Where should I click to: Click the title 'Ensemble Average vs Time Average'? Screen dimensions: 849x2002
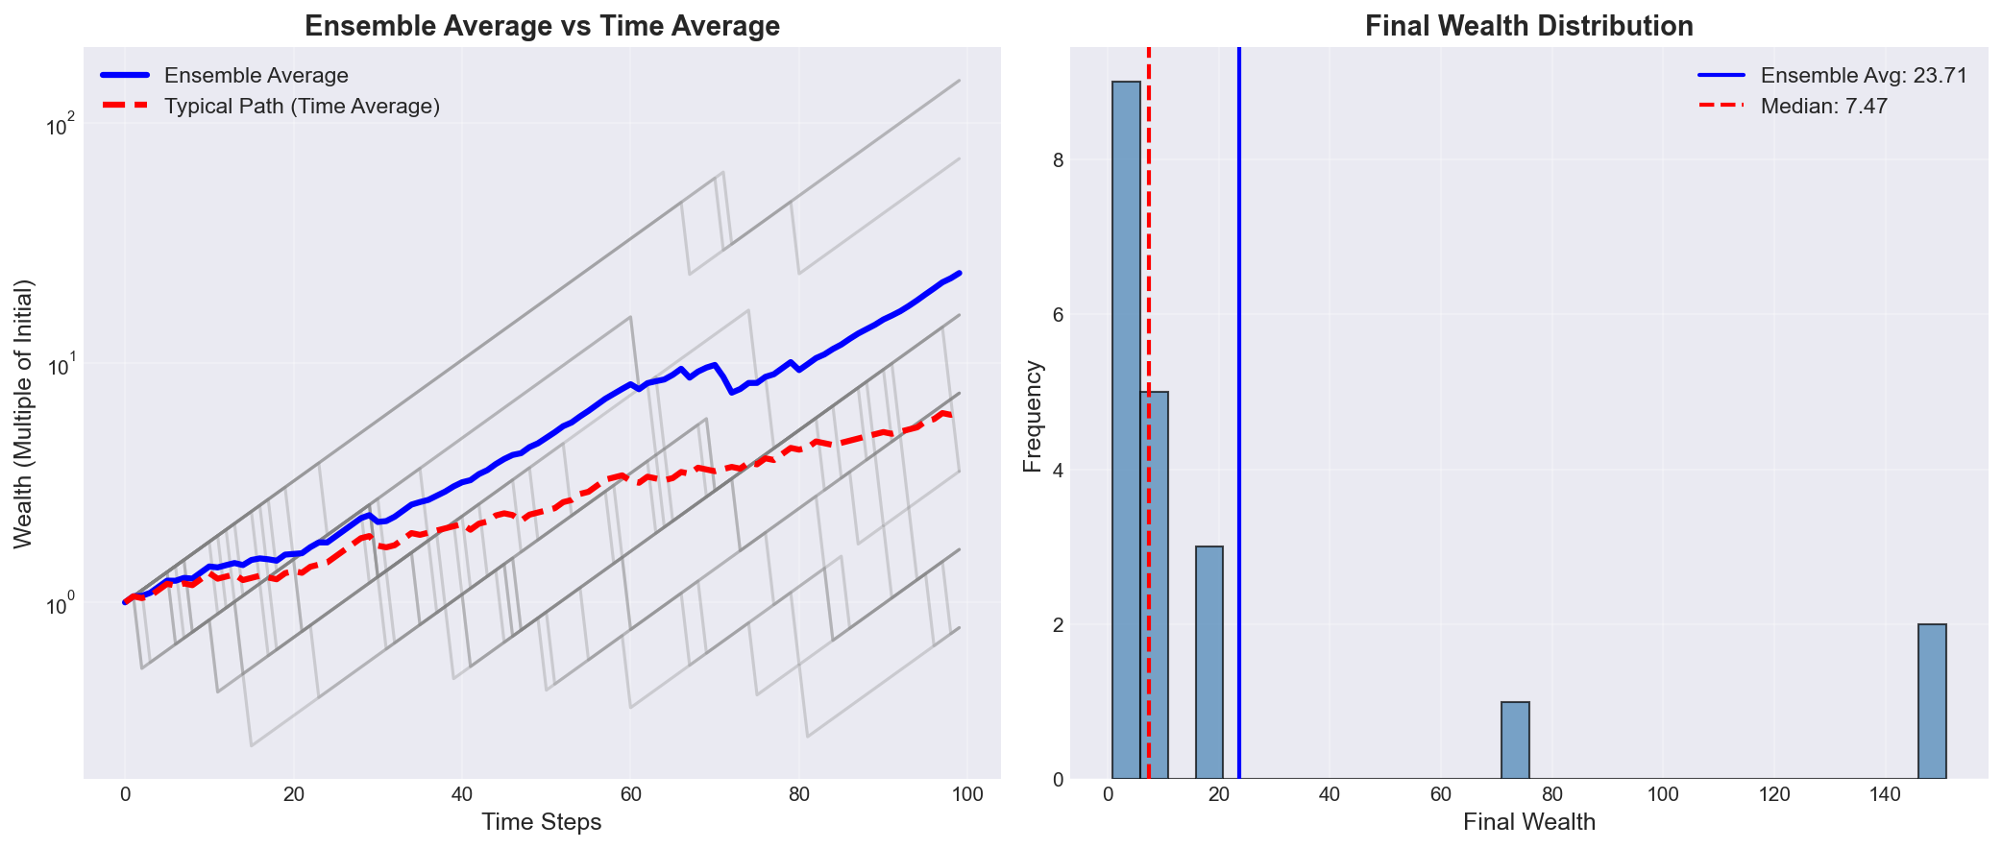tap(542, 27)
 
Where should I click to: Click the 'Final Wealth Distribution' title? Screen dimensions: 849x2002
tap(1528, 27)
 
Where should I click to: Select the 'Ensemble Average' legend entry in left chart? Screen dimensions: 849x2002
tap(256, 75)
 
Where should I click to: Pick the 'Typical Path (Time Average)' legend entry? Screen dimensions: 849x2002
tap(302, 107)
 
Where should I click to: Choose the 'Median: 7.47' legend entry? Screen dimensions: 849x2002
tap(1823, 107)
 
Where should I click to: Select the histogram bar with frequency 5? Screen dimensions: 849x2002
tap(1156, 585)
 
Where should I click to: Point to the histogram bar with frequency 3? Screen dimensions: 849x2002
tap(1209, 663)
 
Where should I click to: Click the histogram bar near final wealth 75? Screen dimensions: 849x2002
tap(1515, 740)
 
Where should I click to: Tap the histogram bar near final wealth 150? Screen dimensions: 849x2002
tap(1932, 701)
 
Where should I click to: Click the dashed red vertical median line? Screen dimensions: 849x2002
tap(1149, 288)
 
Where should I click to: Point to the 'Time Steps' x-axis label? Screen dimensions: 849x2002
tap(542, 822)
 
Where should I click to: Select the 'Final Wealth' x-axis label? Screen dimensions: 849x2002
tap(1528, 822)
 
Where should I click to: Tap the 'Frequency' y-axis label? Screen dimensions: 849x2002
tap(1033, 415)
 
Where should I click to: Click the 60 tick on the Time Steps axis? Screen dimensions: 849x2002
tap(630, 794)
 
